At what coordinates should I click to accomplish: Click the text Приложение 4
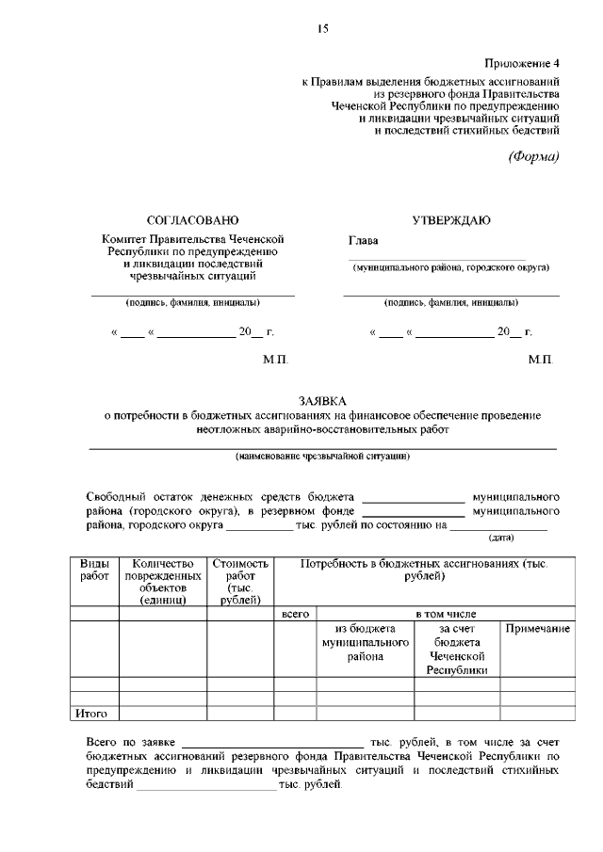click(x=522, y=63)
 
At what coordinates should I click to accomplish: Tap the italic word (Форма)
click(x=534, y=156)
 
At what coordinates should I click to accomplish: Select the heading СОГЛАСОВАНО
click(x=187, y=219)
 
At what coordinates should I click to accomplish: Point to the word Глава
click(x=363, y=240)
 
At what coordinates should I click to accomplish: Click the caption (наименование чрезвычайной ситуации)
click(x=322, y=456)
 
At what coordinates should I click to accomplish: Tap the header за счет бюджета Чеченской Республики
click(x=456, y=649)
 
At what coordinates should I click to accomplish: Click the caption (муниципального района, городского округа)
click(x=450, y=267)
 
